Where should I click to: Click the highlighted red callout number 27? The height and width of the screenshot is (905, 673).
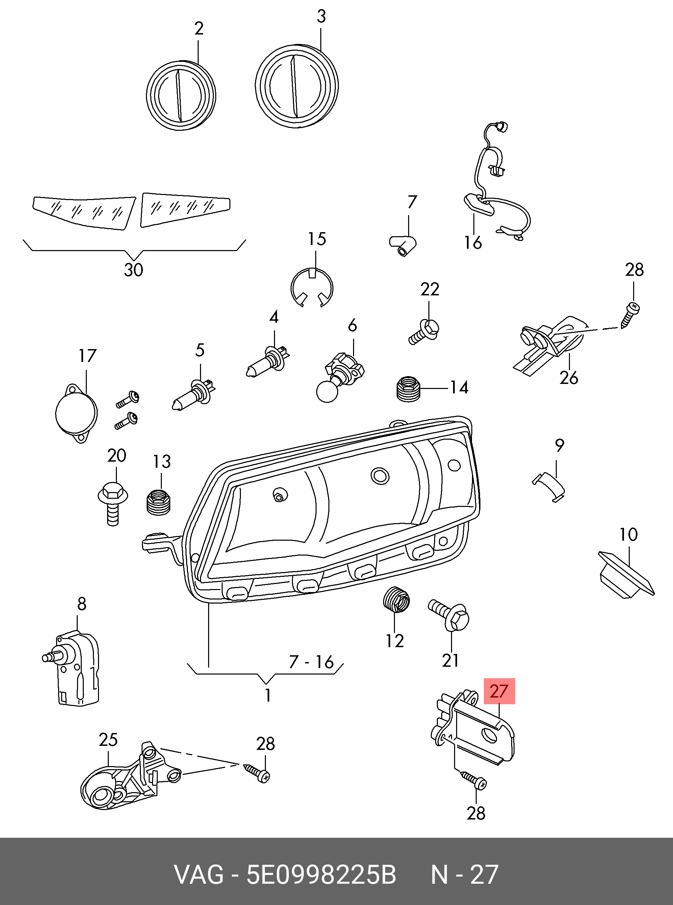pos(499,691)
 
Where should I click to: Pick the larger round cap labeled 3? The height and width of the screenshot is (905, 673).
pos(297,87)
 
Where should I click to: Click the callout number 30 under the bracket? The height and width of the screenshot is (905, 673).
pos(133,270)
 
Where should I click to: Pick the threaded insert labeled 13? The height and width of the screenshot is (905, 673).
pos(158,503)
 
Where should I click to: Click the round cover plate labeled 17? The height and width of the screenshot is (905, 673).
pos(77,414)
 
